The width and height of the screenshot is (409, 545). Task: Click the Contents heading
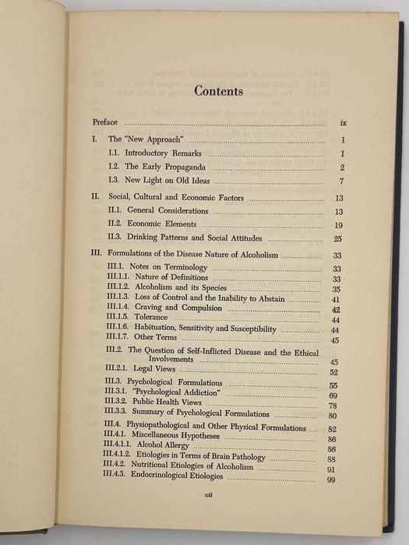[218, 91]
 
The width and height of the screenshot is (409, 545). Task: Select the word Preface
[105, 122]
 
